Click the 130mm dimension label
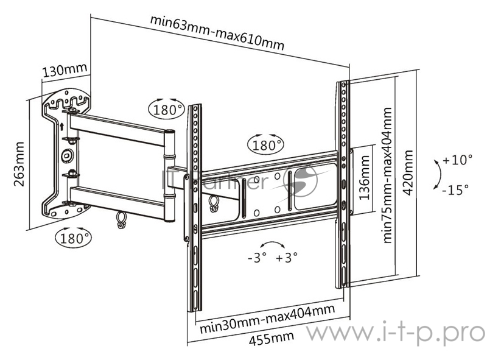tap(65, 69)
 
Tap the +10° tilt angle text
tap(458, 161)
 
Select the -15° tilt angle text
tap(455, 189)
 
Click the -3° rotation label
tap(258, 257)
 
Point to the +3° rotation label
tap(286, 257)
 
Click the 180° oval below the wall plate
tap(72, 236)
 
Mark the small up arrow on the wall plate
tap(62, 127)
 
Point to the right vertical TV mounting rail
tap(343, 183)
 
